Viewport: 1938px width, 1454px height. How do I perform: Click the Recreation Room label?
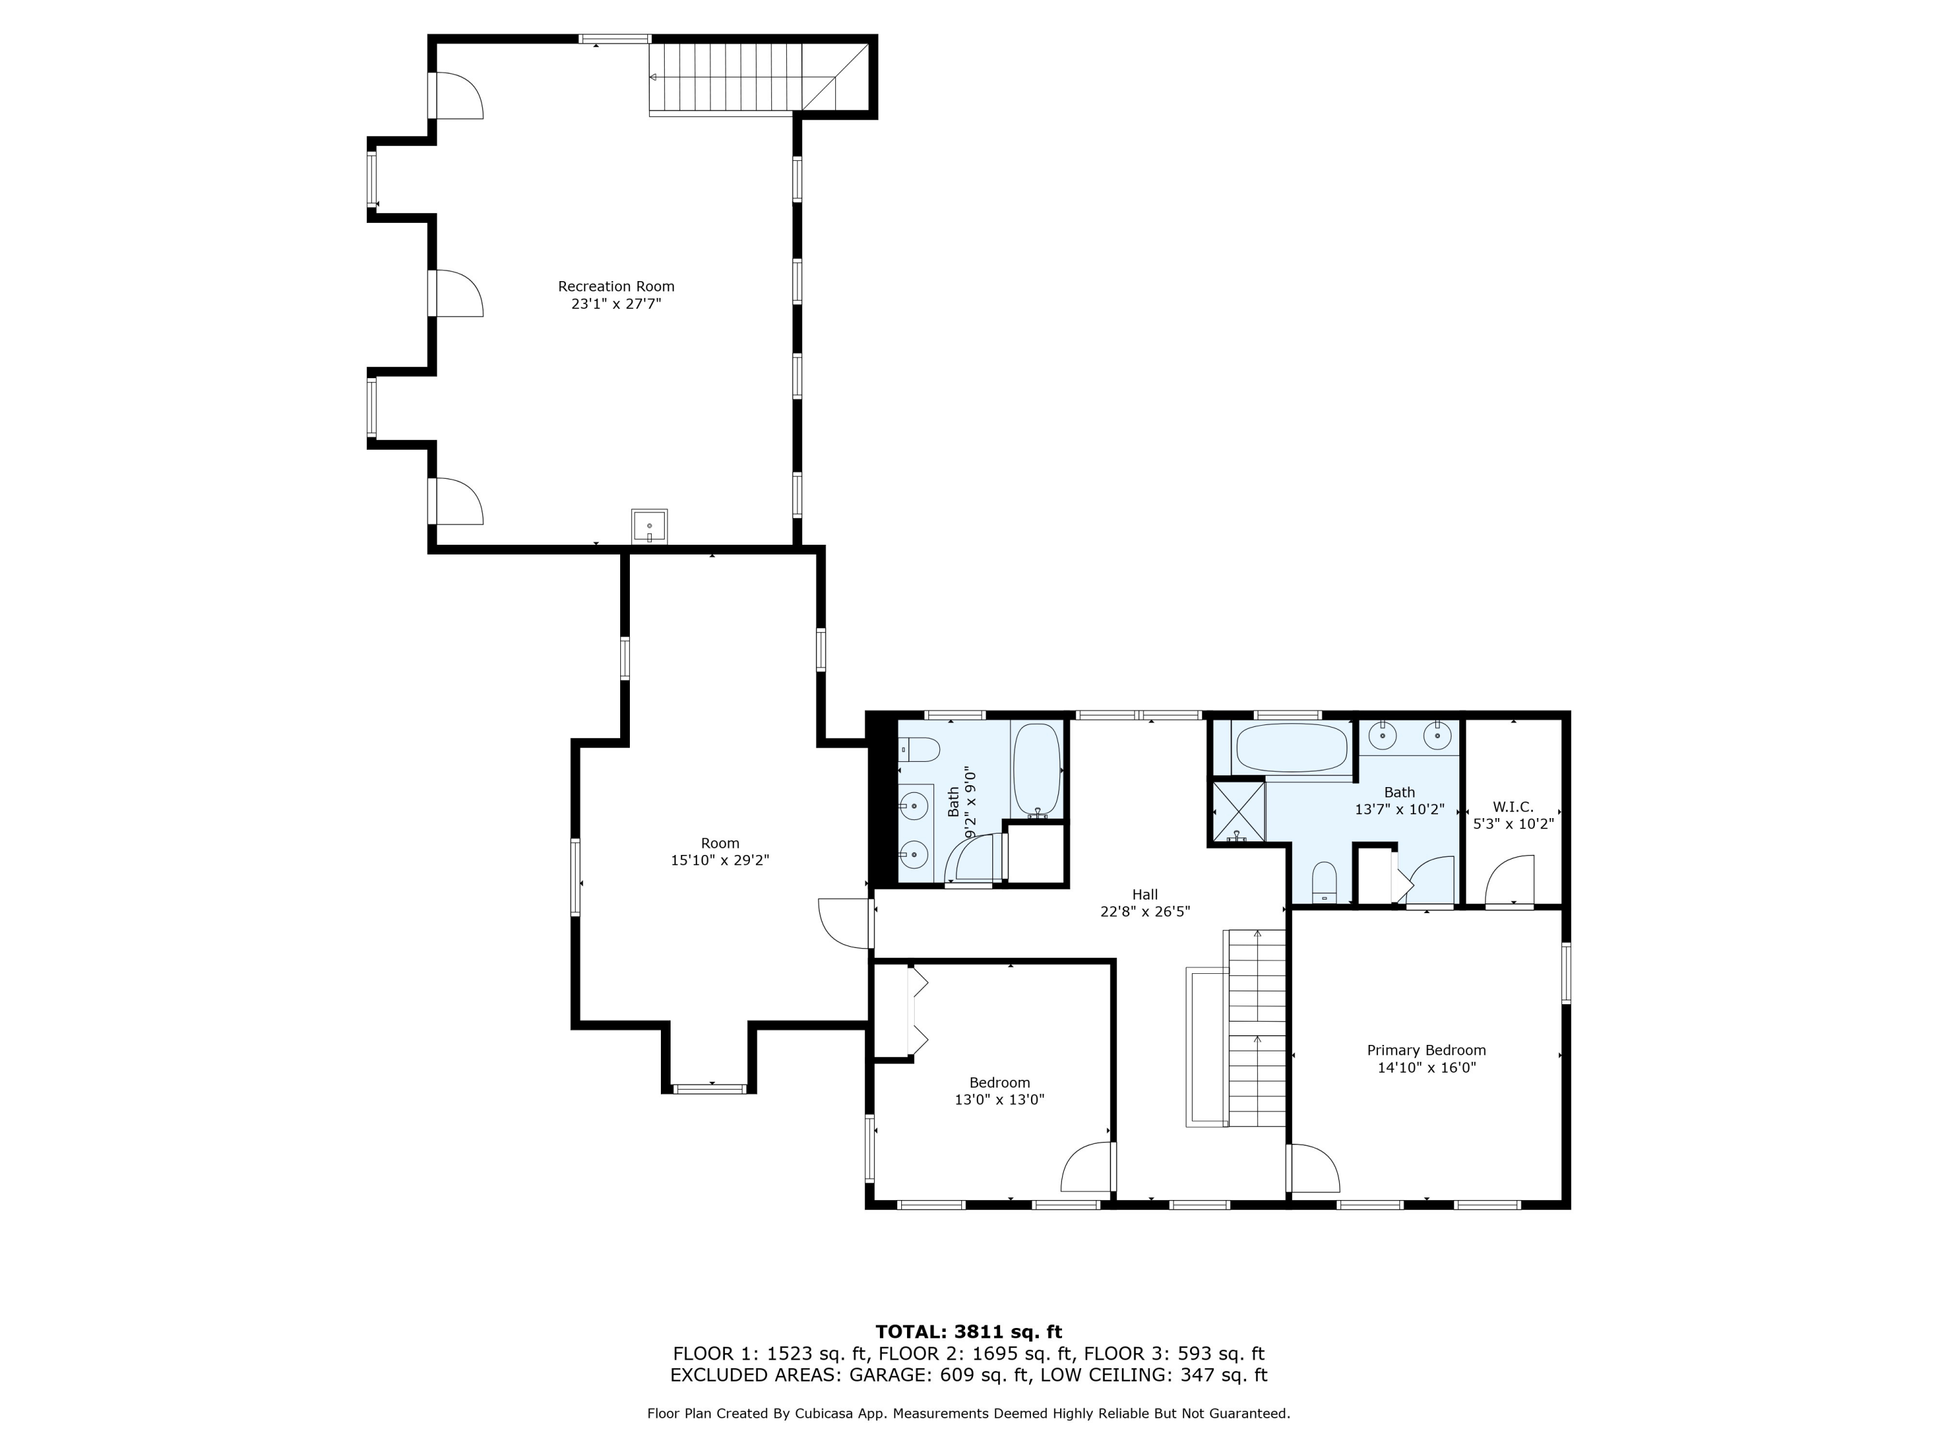coord(616,286)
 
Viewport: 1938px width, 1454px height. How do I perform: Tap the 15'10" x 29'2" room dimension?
coord(720,861)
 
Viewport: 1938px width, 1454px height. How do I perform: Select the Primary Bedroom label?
coord(1426,1050)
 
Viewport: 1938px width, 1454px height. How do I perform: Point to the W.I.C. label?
coord(1513,807)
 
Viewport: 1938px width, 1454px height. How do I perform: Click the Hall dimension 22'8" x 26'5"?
coord(1145,911)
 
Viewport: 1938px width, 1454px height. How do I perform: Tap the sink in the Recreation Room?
coord(649,527)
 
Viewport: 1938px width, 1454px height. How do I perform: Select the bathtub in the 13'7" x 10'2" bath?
coord(1291,748)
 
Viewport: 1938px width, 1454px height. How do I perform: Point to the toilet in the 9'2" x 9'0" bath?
coord(919,750)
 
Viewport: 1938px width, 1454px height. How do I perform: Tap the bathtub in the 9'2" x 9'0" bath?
coord(1037,770)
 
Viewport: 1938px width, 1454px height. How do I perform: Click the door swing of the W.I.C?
coord(1510,880)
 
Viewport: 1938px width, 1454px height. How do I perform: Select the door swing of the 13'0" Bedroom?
coord(1087,1166)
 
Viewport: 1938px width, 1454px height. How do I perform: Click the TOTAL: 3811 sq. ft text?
coord(969,1332)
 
